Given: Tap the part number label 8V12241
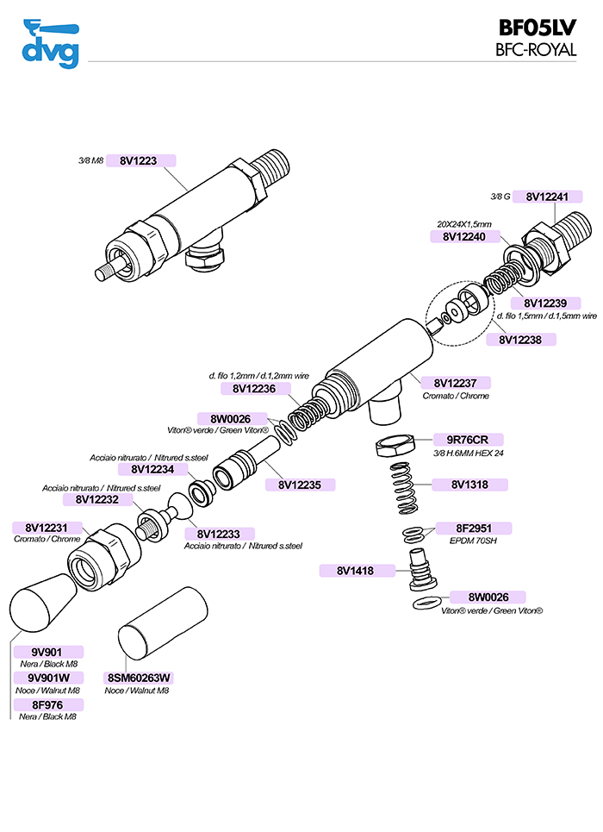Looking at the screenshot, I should pyautogui.click(x=547, y=197).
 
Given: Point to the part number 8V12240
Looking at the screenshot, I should pyautogui.click(x=464, y=235).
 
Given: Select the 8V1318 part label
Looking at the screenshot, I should pyautogui.click(x=471, y=485).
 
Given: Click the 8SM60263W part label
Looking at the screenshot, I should pyautogui.click(x=139, y=677).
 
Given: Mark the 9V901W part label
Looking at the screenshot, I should pyautogui.click(x=49, y=678).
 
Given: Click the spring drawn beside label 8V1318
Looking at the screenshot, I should pyautogui.click(x=409, y=492).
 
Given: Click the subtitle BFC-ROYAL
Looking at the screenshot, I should pyautogui.click(x=536, y=50).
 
